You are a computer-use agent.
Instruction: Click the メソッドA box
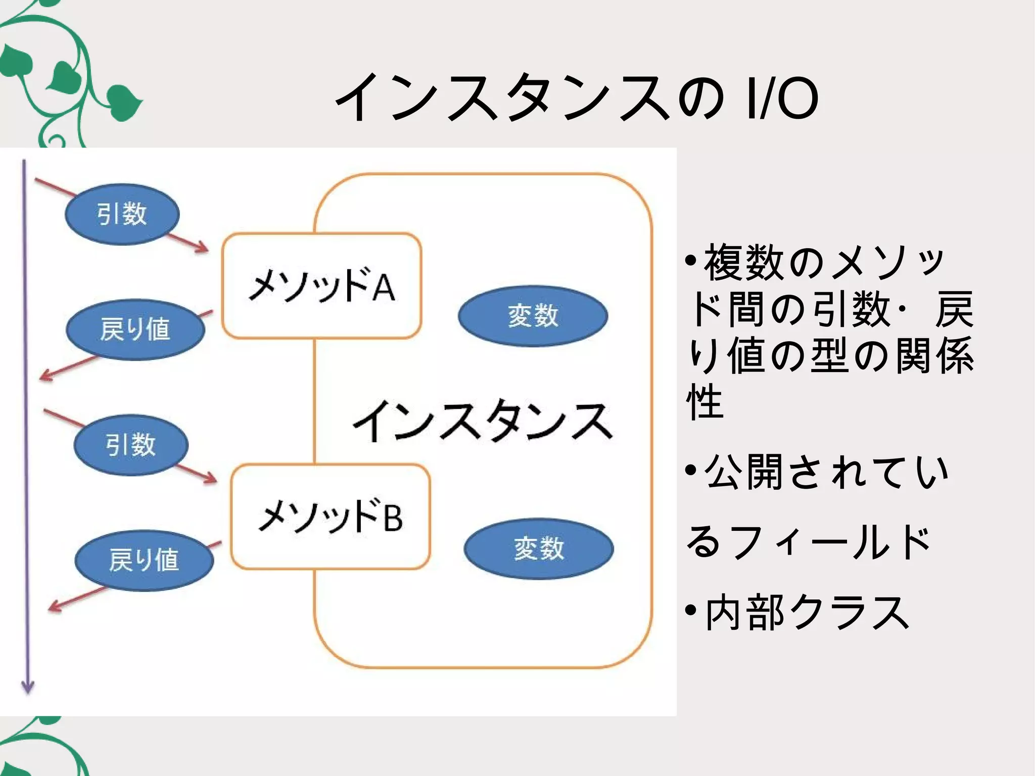point(321,286)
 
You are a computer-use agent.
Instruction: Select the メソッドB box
point(330,517)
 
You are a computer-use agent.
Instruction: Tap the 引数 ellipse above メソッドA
point(122,214)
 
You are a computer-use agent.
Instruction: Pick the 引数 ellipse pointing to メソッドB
point(131,445)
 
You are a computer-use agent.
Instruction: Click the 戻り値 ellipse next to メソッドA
point(135,330)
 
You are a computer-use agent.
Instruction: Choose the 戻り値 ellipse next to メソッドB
point(144,560)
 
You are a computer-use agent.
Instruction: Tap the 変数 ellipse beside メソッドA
point(533,316)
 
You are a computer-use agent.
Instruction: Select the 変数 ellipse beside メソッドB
point(539,549)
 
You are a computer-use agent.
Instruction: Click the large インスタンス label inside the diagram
point(483,421)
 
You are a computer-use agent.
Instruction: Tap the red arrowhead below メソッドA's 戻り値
point(44,376)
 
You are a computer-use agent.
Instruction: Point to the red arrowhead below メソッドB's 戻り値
point(53,607)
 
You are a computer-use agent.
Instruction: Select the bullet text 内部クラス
point(807,613)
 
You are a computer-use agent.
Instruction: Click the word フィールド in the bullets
point(829,542)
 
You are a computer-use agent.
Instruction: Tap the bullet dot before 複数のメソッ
point(691,261)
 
